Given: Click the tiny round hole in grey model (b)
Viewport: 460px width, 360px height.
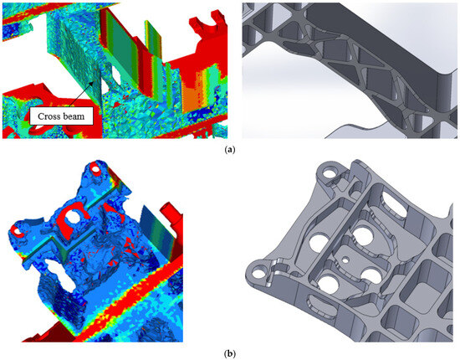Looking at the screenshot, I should pyautogui.click(x=345, y=259).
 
